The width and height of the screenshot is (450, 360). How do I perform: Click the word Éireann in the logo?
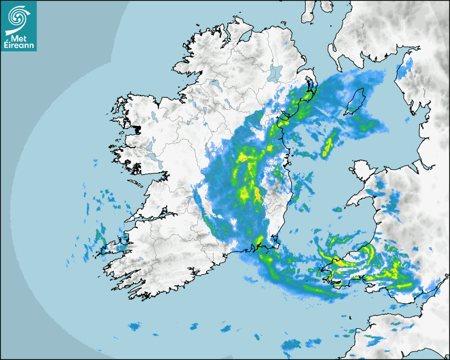pos(19,46)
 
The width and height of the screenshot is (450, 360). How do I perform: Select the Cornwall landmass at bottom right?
pos(397,331)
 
